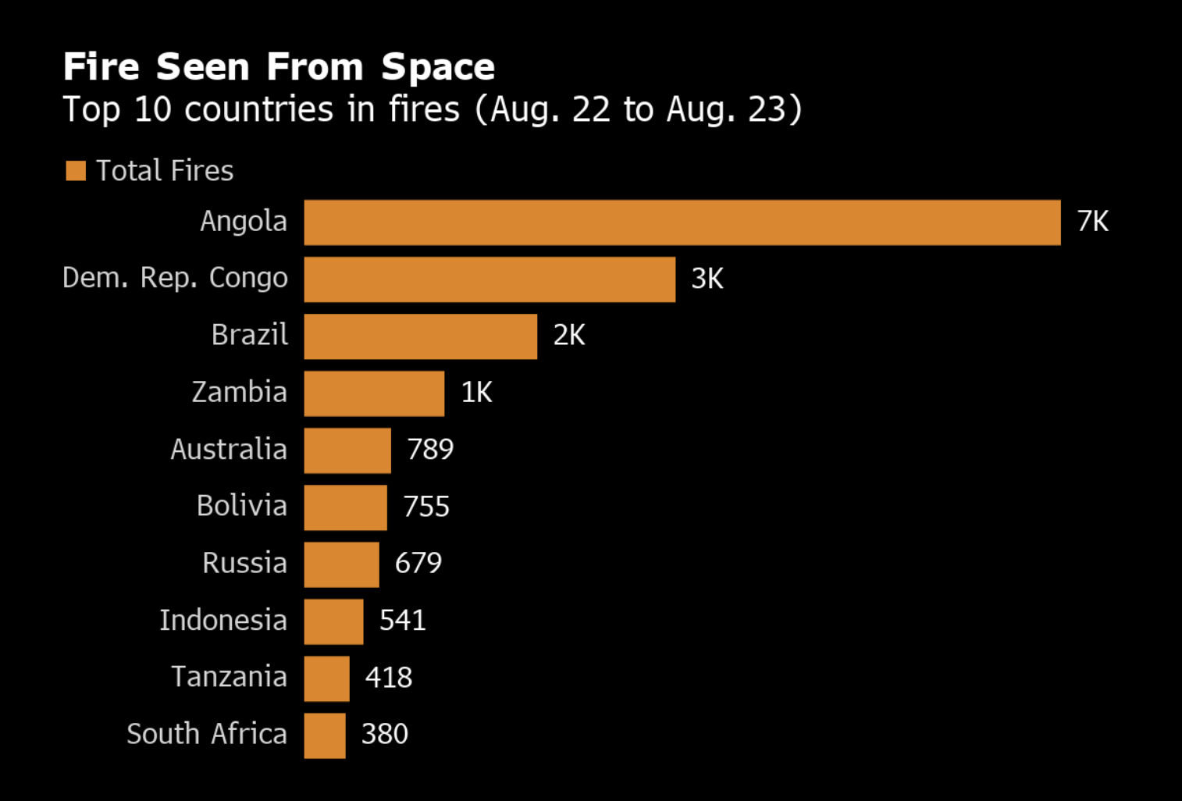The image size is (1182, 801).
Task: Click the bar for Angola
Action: (682, 222)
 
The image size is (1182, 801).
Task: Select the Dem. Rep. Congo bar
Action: (490, 279)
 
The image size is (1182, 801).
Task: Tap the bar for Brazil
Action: (420, 336)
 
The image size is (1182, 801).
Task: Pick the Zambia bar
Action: (374, 393)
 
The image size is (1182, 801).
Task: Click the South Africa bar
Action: (325, 735)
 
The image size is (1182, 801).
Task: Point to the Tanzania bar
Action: (326, 678)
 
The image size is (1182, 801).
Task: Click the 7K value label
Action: (1092, 222)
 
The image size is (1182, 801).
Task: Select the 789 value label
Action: (429, 450)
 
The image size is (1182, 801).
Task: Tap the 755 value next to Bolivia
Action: (425, 507)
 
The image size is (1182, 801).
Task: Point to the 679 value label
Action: (418, 563)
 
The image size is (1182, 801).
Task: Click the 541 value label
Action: (402, 621)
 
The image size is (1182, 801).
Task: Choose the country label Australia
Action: (229, 450)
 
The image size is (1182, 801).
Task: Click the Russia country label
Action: (244, 563)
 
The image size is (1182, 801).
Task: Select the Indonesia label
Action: (223, 621)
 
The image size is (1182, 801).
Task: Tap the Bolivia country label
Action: (241, 506)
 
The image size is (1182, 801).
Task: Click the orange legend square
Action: (76, 170)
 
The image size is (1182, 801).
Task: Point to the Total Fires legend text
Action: (165, 171)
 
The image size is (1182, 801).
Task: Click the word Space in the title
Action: (438, 68)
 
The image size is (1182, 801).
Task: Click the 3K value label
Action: (707, 279)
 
